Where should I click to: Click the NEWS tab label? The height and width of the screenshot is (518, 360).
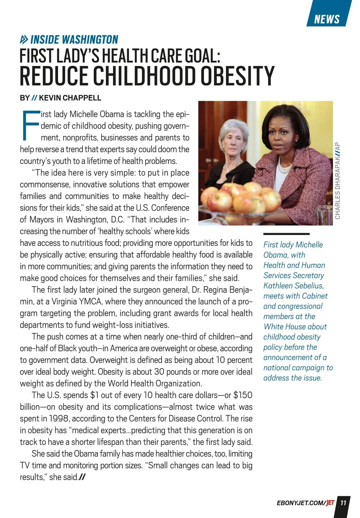click(x=327, y=19)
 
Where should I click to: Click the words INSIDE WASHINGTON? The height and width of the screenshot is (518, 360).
click(x=74, y=39)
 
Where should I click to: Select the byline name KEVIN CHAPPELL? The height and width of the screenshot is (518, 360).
click(x=70, y=98)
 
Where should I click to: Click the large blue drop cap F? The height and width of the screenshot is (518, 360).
click(x=30, y=124)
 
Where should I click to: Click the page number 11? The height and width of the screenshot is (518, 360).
click(x=343, y=503)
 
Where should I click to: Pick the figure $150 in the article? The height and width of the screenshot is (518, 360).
click(x=243, y=395)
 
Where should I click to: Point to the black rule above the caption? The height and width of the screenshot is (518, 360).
click(x=286, y=234)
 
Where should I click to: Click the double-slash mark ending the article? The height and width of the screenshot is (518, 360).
click(x=82, y=477)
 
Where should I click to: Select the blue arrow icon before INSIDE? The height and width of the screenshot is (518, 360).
click(x=24, y=39)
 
